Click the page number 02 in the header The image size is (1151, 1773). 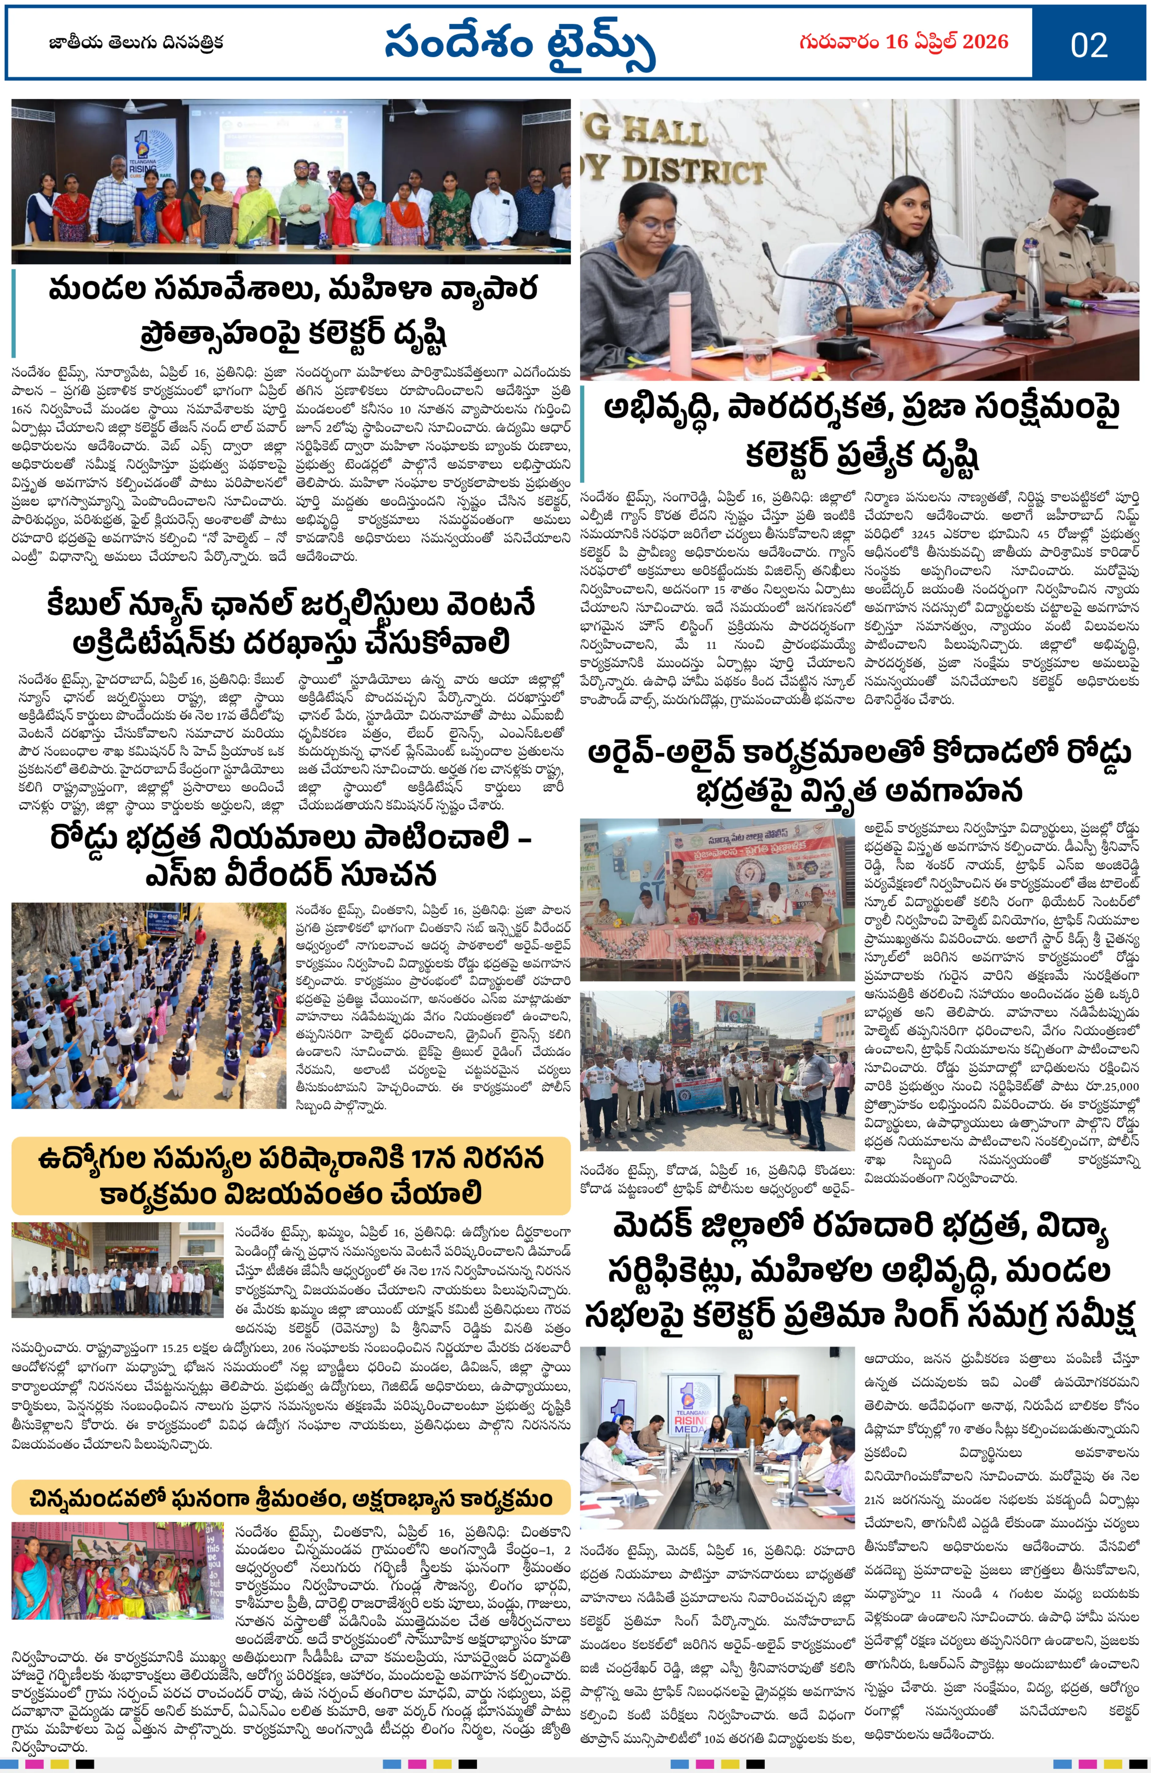tap(1088, 45)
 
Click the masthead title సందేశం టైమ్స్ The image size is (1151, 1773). tap(519, 45)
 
